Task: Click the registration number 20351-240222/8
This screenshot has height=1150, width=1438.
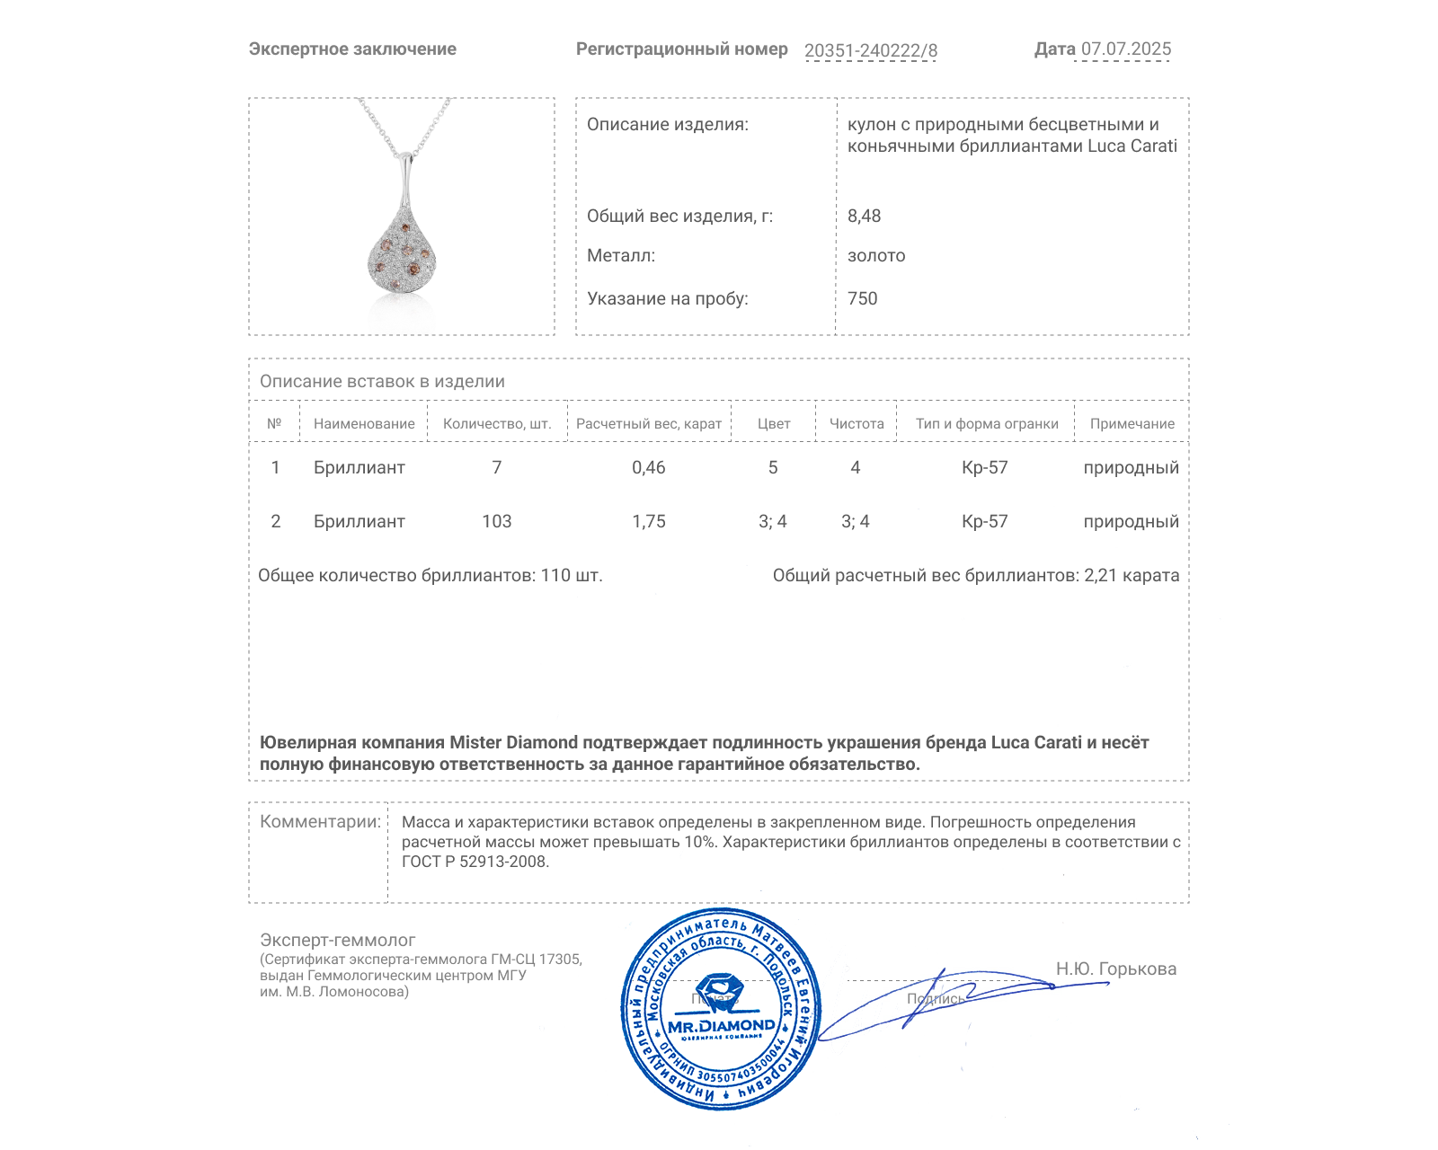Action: tap(870, 50)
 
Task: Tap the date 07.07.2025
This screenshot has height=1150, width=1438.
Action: tap(1125, 49)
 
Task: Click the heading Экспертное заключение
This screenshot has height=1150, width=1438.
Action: tap(352, 49)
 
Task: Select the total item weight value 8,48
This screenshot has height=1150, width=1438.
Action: tap(864, 216)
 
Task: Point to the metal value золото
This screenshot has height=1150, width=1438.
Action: tap(876, 256)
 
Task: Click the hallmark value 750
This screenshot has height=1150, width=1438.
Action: tap(862, 298)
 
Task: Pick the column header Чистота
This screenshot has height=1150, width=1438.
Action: tap(856, 424)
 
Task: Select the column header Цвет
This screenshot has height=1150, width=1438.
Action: tap(773, 424)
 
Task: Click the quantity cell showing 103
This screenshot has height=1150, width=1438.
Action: tap(496, 521)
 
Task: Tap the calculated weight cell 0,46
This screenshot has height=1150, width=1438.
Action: tap(648, 467)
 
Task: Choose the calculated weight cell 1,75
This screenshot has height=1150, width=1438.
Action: tap(648, 521)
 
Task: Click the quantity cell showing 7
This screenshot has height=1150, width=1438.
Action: tap(496, 467)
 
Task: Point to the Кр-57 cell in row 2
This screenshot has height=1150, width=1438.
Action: tap(984, 521)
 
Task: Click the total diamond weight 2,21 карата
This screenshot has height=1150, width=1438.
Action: tap(1131, 576)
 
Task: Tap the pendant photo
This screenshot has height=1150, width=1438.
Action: tap(402, 217)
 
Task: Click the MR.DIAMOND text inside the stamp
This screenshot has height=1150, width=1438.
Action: tap(721, 1026)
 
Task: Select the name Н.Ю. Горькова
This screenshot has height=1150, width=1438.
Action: tap(1115, 969)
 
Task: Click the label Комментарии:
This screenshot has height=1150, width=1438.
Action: tap(320, 821)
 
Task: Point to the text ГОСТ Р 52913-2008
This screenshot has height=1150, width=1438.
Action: tap(474, 862)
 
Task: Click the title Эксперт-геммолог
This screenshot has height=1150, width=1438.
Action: tap(337, 940)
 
